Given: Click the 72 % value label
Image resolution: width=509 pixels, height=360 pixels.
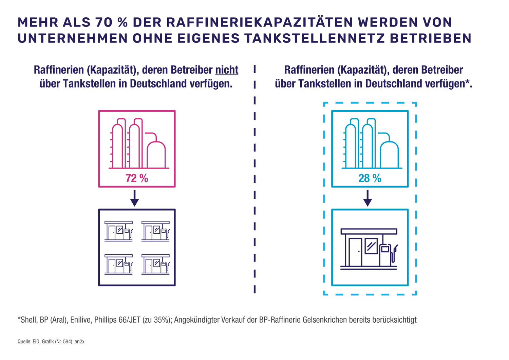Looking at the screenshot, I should pos(137,178).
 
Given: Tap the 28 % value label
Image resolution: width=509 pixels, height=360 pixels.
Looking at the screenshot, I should pos(370,178).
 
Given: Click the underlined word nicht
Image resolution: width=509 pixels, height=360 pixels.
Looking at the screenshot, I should pos(227,70).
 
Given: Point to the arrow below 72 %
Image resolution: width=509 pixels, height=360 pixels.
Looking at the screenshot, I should pos(135,198).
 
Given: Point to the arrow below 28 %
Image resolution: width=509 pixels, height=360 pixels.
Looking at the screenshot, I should pos(368,198).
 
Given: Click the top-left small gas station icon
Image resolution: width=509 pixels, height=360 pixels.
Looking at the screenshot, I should pos(118,231).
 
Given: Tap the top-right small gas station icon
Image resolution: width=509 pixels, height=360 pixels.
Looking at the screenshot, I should pos(155,231).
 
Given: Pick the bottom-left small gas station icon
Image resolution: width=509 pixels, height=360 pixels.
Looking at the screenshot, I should pos(118,264).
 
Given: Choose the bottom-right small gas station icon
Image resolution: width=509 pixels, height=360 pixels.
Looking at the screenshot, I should pos(155,264).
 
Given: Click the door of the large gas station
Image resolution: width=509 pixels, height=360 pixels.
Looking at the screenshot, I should pos(355,252).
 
